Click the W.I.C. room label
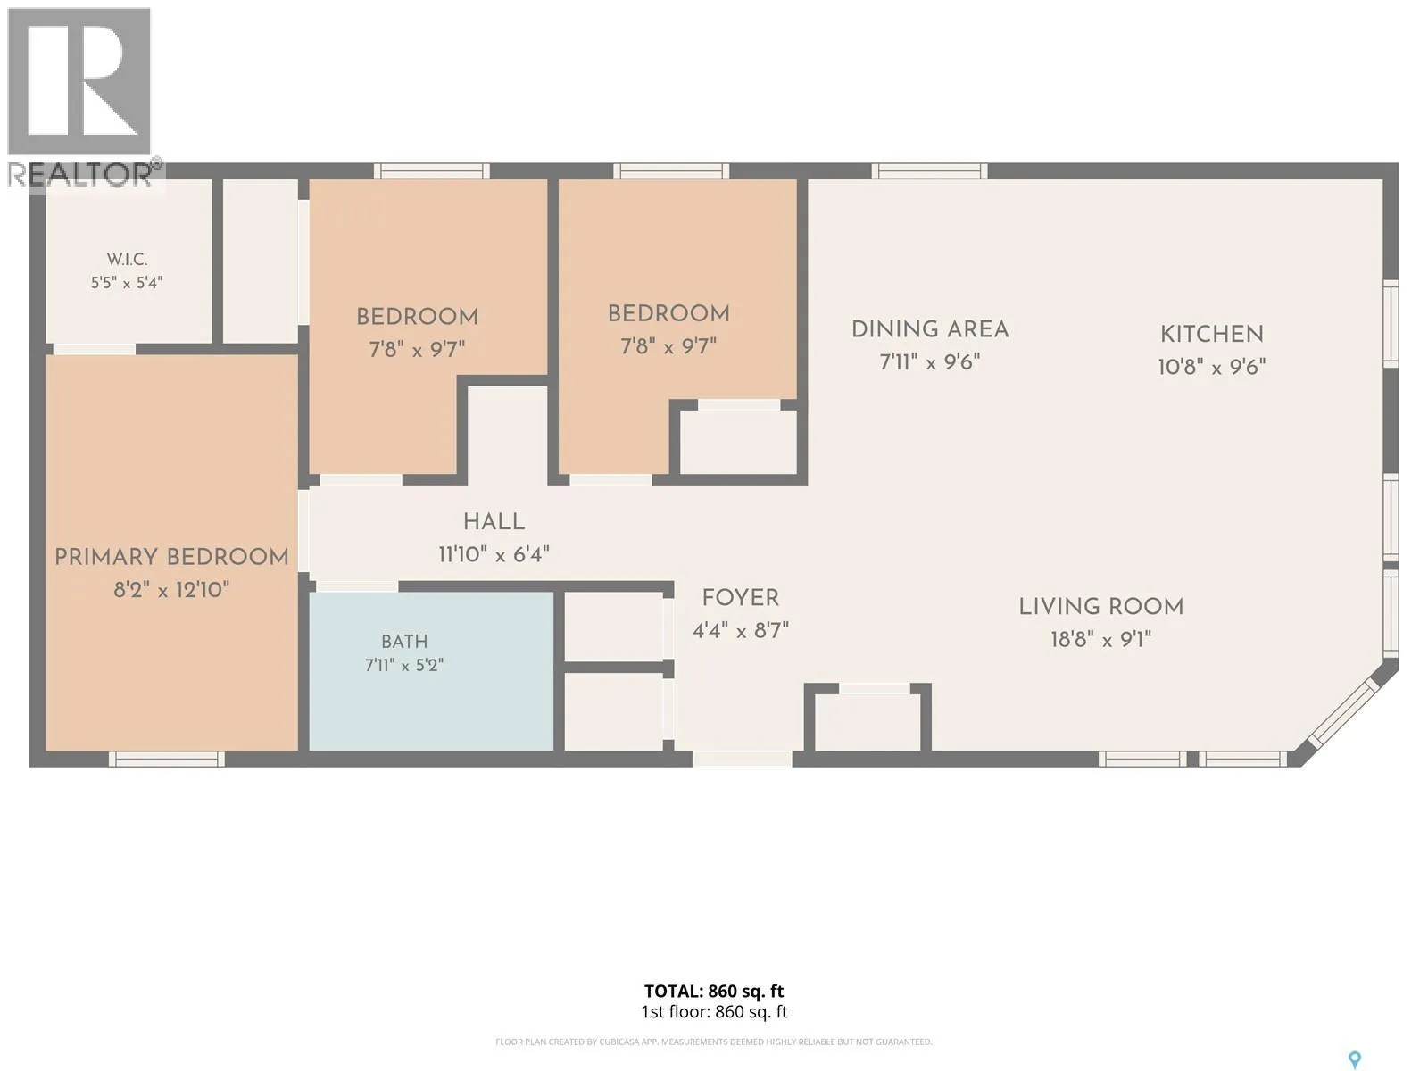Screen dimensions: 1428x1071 127,260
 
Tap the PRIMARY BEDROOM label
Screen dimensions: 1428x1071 171,557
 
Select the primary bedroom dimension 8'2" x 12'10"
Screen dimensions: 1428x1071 171,590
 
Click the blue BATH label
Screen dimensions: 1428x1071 404,642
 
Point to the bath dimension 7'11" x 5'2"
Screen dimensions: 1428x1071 404,665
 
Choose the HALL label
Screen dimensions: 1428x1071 494,521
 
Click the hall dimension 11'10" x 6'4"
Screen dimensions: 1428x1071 494,554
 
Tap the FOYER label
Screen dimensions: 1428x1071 741,598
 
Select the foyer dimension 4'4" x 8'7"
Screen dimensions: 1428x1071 741,630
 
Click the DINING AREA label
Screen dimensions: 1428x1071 930,329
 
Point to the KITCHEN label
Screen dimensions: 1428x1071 1212,334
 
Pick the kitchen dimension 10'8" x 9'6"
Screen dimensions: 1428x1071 1212,367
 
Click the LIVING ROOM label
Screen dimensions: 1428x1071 1100,607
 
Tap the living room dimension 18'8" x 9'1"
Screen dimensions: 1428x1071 1100,639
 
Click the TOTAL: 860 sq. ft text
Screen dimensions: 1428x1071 714,991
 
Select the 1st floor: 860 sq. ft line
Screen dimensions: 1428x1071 714,1012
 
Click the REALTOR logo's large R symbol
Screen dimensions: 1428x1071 79,80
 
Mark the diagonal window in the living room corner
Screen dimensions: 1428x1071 1343,714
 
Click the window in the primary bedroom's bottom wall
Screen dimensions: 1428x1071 167,759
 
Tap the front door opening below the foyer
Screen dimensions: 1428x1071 743,759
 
